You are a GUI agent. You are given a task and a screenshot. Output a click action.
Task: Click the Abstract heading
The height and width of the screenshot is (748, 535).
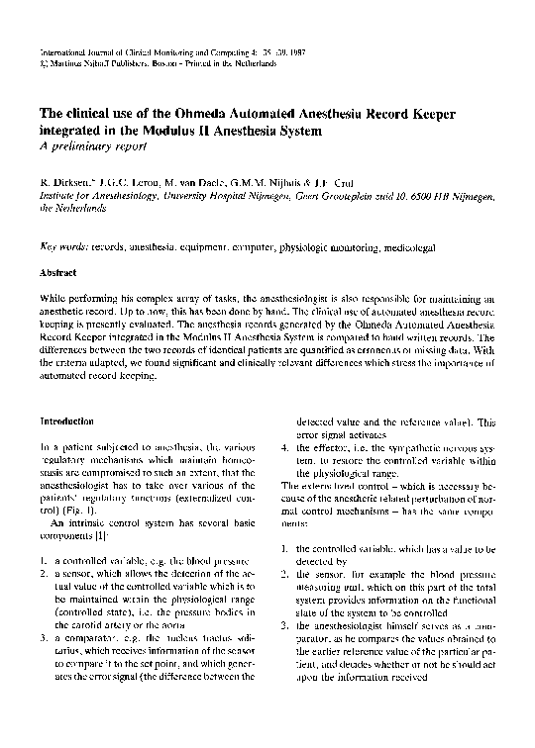tap(56, 271)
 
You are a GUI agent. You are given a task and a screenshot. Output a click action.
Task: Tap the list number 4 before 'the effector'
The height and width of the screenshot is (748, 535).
tap(284, 446)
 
